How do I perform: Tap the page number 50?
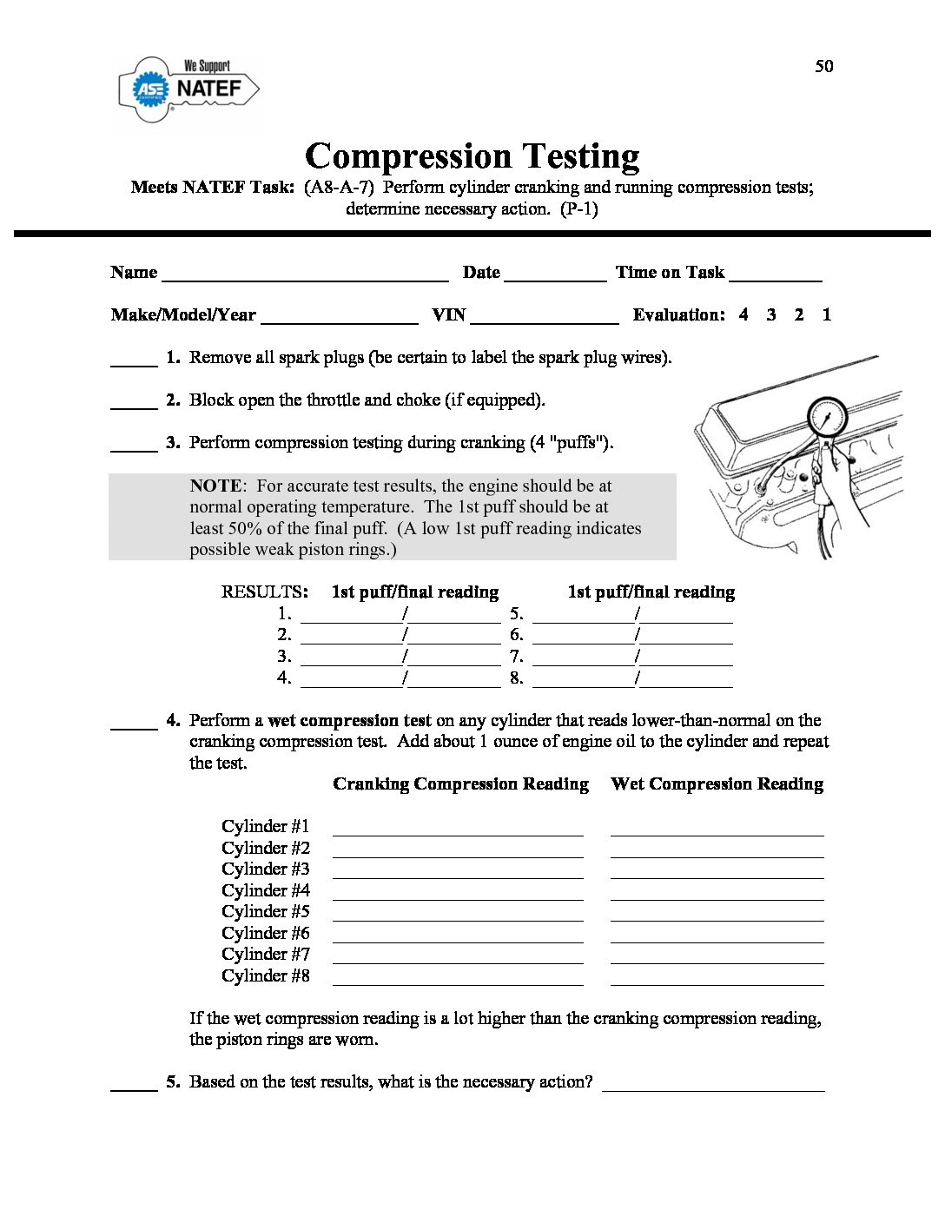click(x=823, y=66)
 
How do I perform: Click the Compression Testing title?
click(x=472, y=156)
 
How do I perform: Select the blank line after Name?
click(x=305, y=274)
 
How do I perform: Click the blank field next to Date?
click(x=555, y=274)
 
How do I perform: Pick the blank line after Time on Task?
click(x=775, y=274)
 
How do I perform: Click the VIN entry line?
click(x=545, y=317)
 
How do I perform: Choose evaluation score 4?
click(x=743, y=315)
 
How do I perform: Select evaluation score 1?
click(x=826, y=315)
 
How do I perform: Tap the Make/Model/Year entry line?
click(x=339, y=317)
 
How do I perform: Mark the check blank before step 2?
click(x=134, y=401)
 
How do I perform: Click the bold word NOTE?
click(x=215, y=486)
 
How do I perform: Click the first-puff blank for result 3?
click(x=351, y=658)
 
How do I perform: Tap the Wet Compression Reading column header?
click(x=717, y=784)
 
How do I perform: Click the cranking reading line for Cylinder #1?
click(x=458, y=829)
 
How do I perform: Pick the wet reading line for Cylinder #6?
click(x=717, y=935)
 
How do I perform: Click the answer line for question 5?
click(x=713, y=1084)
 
